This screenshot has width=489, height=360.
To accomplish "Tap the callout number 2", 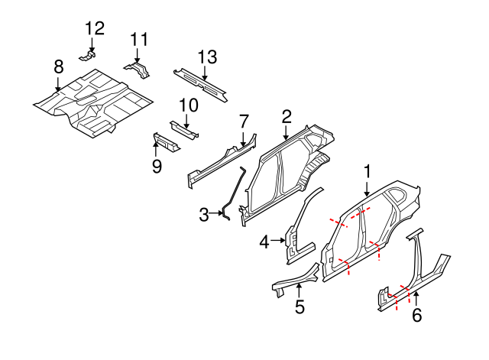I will coord(287,117).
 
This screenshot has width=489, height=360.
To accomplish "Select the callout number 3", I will coord(204,215).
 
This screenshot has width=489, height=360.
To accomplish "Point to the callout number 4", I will coord(264,242).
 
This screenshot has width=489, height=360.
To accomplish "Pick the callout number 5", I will coord(300,307).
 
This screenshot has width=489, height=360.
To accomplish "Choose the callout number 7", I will coord(244,122).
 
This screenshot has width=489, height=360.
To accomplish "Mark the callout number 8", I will coord(59,68).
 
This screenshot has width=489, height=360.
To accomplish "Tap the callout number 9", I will coord(157,166).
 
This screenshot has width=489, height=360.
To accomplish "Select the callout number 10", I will coord(188,105).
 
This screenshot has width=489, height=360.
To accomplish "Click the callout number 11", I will coord(138,40).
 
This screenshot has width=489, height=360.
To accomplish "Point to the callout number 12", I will coord(94,29).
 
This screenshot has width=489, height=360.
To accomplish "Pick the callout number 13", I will coord(207,57).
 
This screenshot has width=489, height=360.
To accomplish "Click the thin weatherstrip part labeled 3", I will coord(234,191).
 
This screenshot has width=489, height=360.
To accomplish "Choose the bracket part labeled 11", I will coord(138,70).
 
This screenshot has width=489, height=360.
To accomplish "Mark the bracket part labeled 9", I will coord(167,142).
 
